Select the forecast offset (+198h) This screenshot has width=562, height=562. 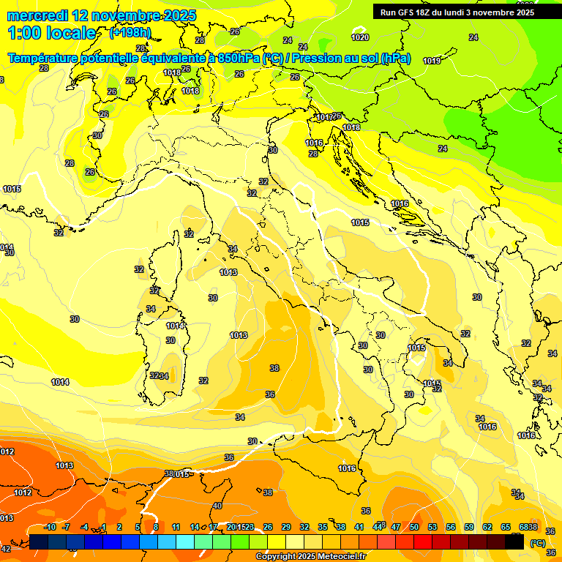(x=130, y=33)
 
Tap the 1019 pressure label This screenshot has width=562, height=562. (x=432, y=61)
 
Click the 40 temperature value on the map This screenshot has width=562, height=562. (x=217, y=506)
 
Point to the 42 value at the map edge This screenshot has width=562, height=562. (x=6, y=549)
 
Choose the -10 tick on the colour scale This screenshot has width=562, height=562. (x=50, y=527)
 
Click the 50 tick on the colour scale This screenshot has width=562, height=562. (x=414, y=527)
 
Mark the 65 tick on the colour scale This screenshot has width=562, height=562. (x=506, y=527)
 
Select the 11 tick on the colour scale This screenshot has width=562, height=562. (x=176, y=527)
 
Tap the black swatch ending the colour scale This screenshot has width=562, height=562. (x=514, y=542)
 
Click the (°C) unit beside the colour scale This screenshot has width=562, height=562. (x=536, y=543)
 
